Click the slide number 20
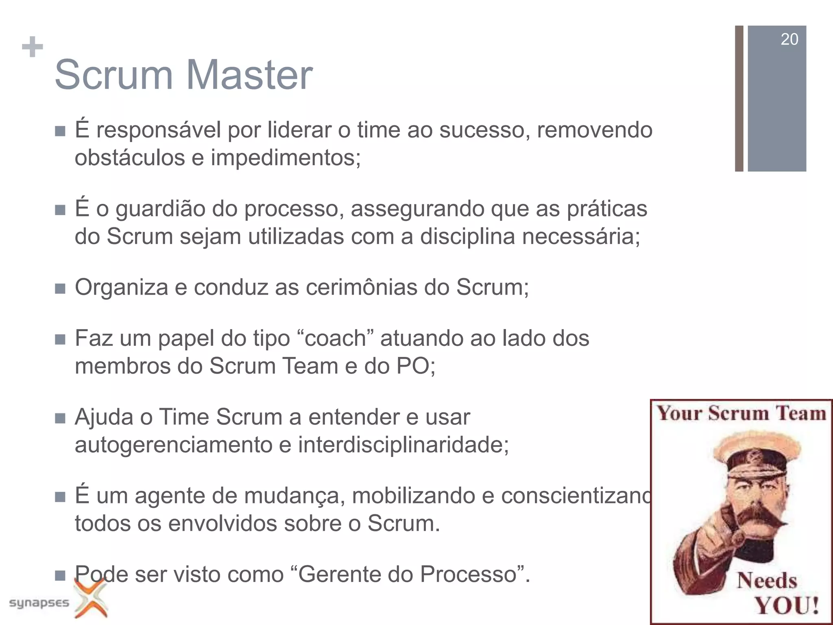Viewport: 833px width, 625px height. pos(789,39)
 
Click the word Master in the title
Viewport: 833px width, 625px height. pos(249,75)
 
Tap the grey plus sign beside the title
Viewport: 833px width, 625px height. pos(32,47)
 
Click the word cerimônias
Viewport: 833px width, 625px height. pos(362,288)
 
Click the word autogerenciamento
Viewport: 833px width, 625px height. pos(173,445)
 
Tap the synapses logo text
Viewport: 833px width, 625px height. pos(39,603)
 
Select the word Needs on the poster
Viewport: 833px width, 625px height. pos(767,580)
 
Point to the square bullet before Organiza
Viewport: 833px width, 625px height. pos(60,288)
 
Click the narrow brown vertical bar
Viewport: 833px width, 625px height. pos(739,98)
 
